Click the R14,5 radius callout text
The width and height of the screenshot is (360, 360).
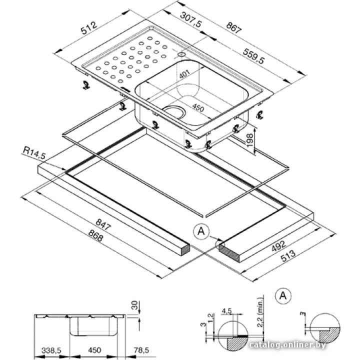[33, 152]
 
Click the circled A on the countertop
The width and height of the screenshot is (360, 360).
[201, 231]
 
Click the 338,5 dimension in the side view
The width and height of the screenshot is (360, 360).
[52, 351]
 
